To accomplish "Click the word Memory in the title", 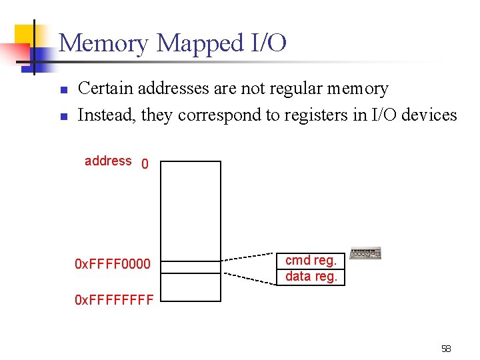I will [x=104, y=44].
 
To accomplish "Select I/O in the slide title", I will [x=269, y=44].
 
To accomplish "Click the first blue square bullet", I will [x=63, y=89].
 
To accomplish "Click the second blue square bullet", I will [x=63, y=116].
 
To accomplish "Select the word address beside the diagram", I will [x=108, y=161].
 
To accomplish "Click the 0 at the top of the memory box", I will [x=145, y=164].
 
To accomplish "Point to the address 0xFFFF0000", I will [x=113, y=265].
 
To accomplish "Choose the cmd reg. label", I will [x=311, y=260].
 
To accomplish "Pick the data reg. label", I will [x=311, y=276].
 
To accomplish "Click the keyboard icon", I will [x=365, y=254].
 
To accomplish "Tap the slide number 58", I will [x=446, y=349].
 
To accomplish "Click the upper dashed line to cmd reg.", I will [x=249, y=257].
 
